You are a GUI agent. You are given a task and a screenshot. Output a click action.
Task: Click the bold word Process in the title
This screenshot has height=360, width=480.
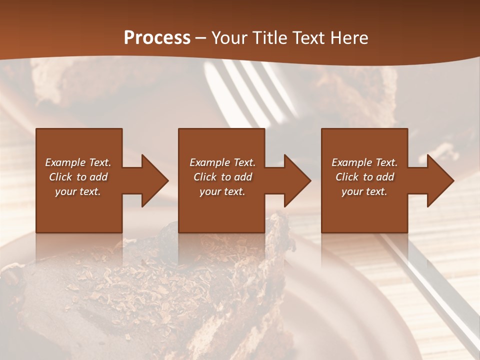(x=157, y=38)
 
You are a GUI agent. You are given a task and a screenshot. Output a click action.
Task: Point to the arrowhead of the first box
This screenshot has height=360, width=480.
(x=153, y=180)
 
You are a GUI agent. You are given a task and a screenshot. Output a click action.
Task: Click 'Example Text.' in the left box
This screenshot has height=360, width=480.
(x=78, y=162)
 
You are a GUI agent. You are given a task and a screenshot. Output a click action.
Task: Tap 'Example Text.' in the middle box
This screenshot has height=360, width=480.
(x=222, y=162)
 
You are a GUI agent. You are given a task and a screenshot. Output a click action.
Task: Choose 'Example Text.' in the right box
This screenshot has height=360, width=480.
(x=364, y=162)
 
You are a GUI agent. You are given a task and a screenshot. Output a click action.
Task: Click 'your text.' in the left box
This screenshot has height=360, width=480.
(x=78, y=191)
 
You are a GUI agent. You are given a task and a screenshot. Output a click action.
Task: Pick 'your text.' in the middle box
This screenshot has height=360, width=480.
(x=222, y=191)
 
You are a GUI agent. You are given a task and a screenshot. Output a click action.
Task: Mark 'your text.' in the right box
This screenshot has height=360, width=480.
(x=364, y=191)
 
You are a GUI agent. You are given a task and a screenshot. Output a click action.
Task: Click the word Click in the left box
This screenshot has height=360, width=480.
(x=60, y=177)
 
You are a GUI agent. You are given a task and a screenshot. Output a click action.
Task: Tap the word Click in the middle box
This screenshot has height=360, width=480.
(x=205, y=177)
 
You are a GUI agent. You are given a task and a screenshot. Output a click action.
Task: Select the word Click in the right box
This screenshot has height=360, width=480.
(x=347, y=177)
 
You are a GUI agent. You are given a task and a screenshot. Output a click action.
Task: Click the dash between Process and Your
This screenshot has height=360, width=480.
(x=201, y=38)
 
